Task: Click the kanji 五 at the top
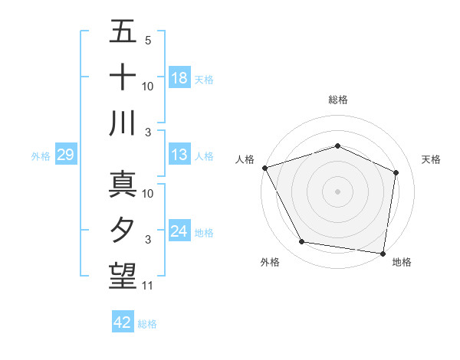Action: tap(123, 31)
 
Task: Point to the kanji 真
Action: tap(123, 184)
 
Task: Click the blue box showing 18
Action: tap(179, 78)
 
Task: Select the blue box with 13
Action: tap(179, 155)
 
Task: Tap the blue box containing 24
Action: tap(179, 232)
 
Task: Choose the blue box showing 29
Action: tap(65, 155)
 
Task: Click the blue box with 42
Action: tap(123, 323)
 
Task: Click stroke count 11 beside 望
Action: tap(148, 286)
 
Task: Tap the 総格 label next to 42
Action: tap(147, 324)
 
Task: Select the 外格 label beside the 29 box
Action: tap(41, 156)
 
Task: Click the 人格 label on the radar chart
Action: tap(245, 159)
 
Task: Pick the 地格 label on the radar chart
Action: tap(402, 263)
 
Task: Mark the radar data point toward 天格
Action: tap(396, 172)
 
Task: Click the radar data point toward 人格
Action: tap(265, 168)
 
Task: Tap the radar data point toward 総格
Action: tap(337, 146)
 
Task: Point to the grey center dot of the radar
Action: tap(337, 191)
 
